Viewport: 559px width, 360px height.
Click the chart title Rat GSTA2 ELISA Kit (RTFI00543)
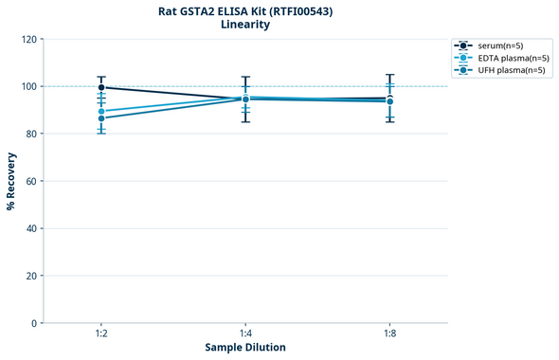[x=244, y=10]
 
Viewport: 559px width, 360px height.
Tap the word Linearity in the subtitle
[x=244, y=25]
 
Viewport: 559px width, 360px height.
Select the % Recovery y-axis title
[x=11, y=180]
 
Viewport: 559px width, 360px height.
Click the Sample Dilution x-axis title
[x=245, y=347]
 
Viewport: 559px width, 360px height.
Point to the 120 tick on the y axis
[x=28, y=39]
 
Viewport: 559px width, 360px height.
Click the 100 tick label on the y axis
[x=28, y=86]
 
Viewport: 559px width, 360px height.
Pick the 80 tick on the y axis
[x=31, y=134]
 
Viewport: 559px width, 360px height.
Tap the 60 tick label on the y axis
[x=31, y=181]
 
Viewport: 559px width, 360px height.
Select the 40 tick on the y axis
[x=31, y=228]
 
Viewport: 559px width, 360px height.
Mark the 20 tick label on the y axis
[x=31, y=276]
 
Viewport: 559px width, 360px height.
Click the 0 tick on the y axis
[x=34, y=323]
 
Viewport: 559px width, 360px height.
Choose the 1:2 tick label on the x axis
[x=101, y=333]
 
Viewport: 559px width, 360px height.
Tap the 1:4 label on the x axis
[x=245, y=333]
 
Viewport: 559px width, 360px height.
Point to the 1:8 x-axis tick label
[x=389, y=333]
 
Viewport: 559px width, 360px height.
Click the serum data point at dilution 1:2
[x=101, y=87]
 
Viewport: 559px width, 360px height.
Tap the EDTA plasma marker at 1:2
[x=101, y=112]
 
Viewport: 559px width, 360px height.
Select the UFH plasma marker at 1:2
[x=101, y=118]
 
